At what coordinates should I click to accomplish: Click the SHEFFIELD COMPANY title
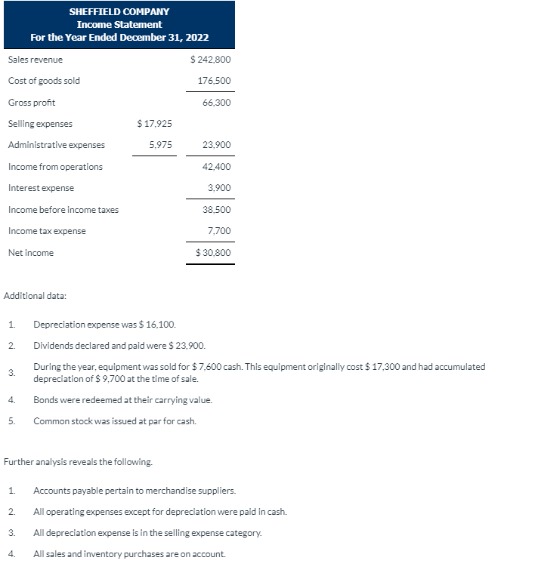[x=119, y=11]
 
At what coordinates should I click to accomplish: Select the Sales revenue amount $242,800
[x=211, y=59]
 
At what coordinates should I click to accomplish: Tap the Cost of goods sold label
[x=44, y=81]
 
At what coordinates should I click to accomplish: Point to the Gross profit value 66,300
[x=216, y=102]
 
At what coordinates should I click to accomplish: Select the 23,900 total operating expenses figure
[x=216, y=145]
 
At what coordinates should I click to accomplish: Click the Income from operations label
[x=55, y=166]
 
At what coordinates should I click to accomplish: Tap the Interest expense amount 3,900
[x=219, y=188]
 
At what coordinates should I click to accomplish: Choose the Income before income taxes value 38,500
[x=216, y=209]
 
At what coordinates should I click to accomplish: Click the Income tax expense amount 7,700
[x=219, y=231]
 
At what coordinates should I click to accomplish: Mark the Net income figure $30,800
[x=213, y=253]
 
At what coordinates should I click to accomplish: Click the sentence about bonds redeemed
[x=122, y=399]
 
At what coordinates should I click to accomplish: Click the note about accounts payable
[x=134, y=491]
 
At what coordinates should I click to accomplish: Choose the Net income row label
[x=31, y=253]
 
